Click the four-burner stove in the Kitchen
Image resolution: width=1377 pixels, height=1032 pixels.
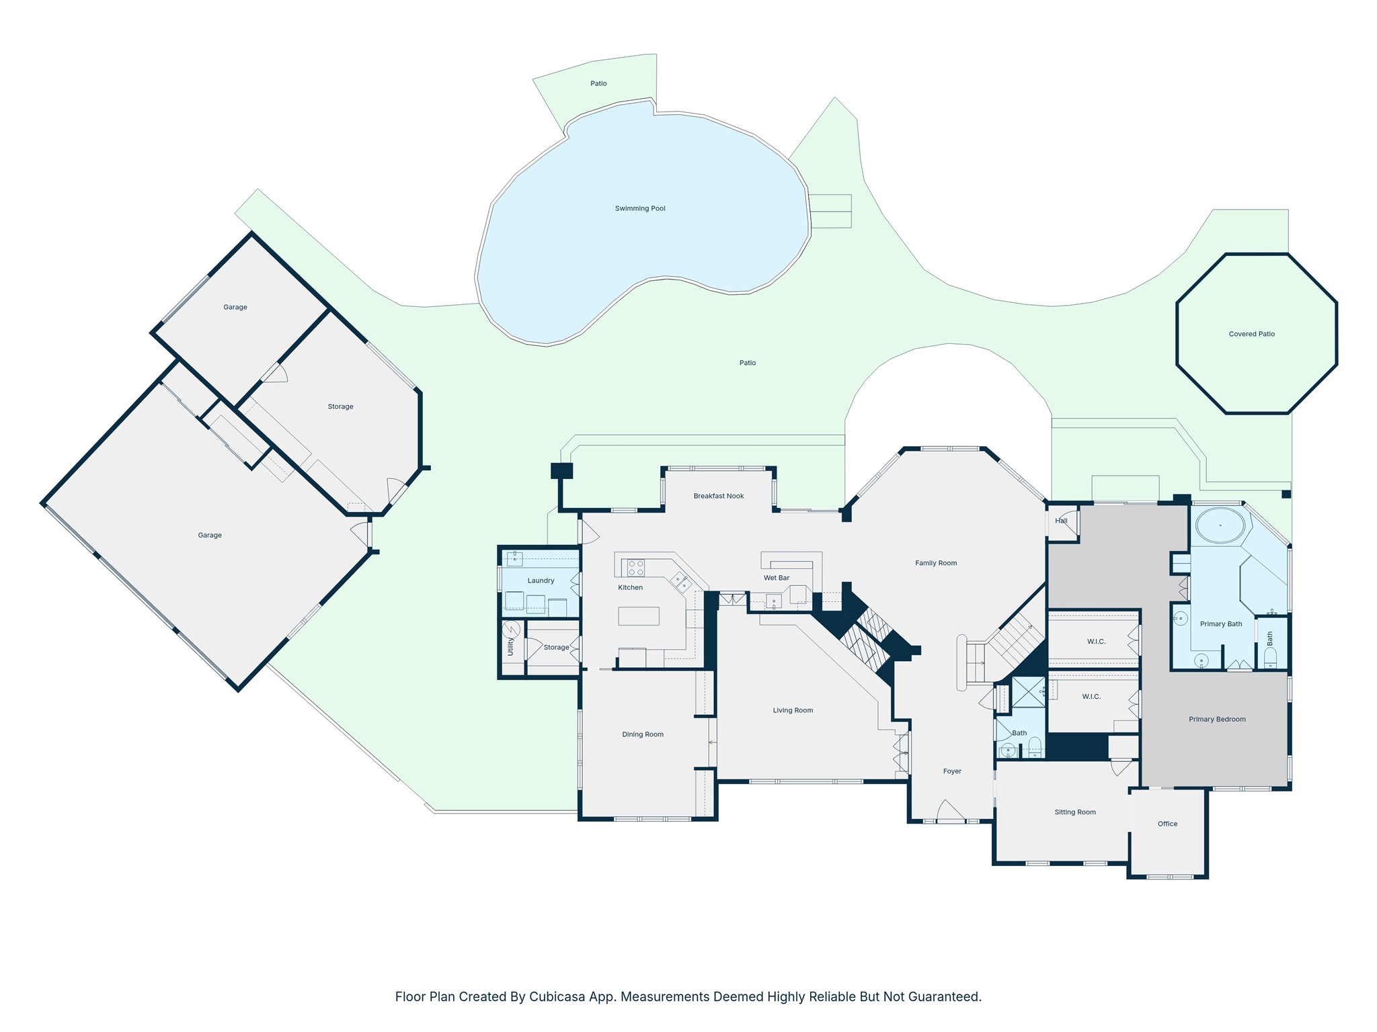[x=635, y=568]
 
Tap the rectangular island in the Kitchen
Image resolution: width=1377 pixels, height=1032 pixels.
[x=639, y=616]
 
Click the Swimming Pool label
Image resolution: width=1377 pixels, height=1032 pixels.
[x=640, y=208]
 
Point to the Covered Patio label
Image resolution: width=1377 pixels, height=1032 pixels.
[x=1251, y=334]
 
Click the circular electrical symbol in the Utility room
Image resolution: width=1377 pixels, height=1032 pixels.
[x=511, y=630]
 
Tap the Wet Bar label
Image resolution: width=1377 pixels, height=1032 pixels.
[x=777, y=578]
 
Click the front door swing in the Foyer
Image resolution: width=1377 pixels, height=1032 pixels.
[x=951, y=810]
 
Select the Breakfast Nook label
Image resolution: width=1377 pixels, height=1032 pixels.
[x=719, y=496]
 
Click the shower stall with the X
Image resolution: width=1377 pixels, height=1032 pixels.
[x=1029, y=692]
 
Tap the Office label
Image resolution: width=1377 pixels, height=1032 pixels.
[x=1167, y=824]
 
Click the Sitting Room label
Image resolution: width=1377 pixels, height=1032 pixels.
[x=1075, y=812]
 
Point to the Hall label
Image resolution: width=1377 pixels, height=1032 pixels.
[x=1062, y=521]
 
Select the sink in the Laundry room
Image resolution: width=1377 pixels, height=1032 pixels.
[x=515, y=558]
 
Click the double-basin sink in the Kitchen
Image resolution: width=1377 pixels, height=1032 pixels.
[x=680, y=582]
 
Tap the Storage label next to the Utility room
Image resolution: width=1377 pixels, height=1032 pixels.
[x=556, y=648]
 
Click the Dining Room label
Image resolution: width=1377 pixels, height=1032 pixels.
[x=643, y=734]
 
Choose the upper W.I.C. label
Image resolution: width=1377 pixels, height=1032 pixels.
[x=1096, y=642]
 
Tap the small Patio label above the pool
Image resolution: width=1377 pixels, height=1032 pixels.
[x=598, y=83]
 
